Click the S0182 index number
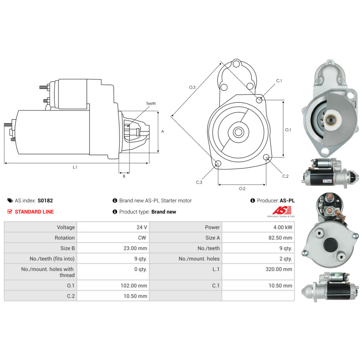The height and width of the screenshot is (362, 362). tap(45, 201)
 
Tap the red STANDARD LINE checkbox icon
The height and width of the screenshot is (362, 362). tap(10, 211)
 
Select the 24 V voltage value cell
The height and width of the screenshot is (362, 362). tap(113, 227)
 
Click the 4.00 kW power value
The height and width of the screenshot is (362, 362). tap(283, 227)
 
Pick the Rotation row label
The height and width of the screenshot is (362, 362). tap(65, 237)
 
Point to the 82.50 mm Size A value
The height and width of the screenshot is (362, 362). tap(280, 237)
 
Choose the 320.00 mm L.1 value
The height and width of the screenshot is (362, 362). tap(279, 269)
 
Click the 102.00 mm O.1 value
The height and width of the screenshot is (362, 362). tap(134, 286)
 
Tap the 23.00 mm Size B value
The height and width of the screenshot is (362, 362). tap(135, 248)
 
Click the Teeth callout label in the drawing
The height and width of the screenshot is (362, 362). tap(151, 104)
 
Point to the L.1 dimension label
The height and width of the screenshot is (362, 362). tap(75, 167)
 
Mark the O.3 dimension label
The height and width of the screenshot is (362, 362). tap(192, 87)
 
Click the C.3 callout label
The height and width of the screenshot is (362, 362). tap(199, 182)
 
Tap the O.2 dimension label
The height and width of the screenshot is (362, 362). tap(242, 189)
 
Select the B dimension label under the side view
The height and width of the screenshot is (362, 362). tap(124, 176)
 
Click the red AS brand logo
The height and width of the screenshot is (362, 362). tap(281, 210)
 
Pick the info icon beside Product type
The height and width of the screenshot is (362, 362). tap(115, 211)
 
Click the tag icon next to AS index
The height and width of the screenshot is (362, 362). tap(10, 201)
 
